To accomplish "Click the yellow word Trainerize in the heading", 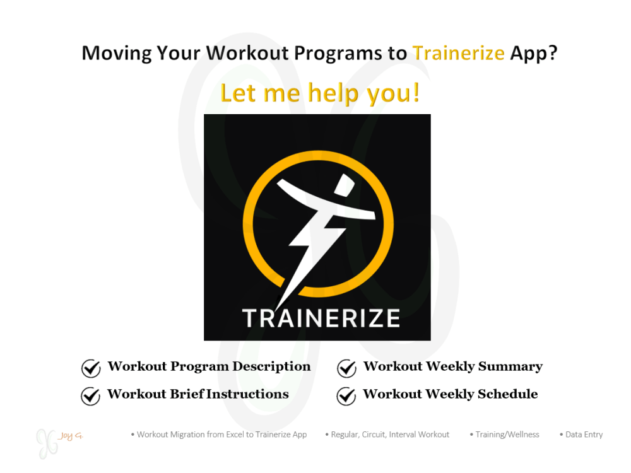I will click(x=458, y=53).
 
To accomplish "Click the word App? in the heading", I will click(x=534, y=53).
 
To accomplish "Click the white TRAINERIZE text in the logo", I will click(x=321, y=317).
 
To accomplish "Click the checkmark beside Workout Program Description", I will click(x=91, y=368).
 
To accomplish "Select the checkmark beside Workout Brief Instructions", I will click(x=91, y=395).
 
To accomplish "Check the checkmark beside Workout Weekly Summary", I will click(x=346, y=368).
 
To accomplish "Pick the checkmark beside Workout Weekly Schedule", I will click(x=346, y=395).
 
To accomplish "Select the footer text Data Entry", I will click(x=584, y=435).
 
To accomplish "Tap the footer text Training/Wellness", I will click(x=507, y=435).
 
